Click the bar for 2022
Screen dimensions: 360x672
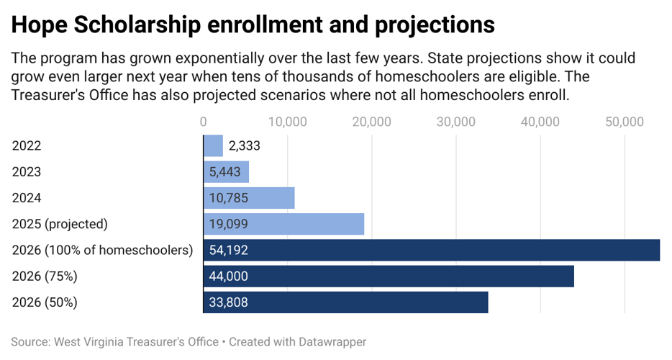213,145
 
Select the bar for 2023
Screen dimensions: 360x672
226,172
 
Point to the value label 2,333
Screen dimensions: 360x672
244,145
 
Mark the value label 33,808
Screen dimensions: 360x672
229,302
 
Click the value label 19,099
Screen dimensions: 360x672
229,224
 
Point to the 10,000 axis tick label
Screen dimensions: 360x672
287,122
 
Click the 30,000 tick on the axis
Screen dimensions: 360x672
455,122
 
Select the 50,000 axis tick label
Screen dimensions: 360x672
624,122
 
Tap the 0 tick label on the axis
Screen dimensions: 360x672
203,122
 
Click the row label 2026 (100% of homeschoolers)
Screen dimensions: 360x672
103,251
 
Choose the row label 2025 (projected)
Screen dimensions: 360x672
60,224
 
